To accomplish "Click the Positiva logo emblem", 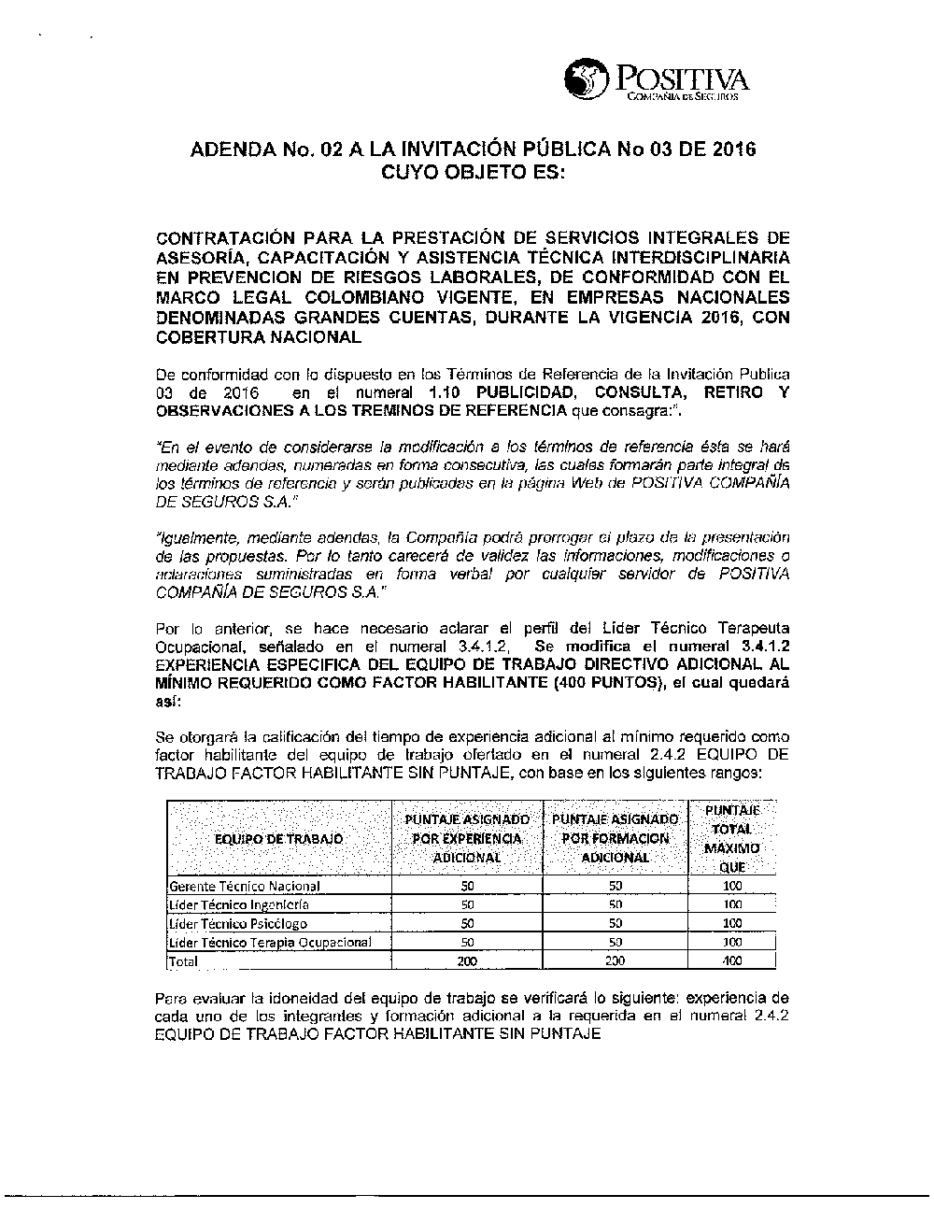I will click(586, 78).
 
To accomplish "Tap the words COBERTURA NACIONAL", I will click(258, 337).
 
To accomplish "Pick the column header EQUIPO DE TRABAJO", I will click(279, 839).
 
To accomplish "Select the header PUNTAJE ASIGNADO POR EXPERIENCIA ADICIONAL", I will click(467, 838).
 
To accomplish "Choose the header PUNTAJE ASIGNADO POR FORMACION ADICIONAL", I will click(616, 838).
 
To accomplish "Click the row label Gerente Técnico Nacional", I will click(245, 886).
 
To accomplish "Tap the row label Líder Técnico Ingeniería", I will click(239, 904).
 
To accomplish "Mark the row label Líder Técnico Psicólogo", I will click(237, 923).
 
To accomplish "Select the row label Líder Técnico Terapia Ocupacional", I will click(270, 942).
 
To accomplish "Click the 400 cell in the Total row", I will click(732, 960).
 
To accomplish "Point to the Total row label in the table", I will click(183, 960).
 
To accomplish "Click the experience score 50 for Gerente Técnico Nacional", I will click(467, 886).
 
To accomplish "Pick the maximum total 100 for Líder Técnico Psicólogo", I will click(732, 923).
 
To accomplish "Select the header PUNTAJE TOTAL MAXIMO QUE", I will click(732, 838).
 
